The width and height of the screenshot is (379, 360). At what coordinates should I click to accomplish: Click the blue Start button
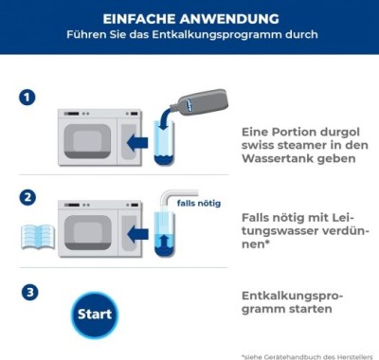coord(94,314)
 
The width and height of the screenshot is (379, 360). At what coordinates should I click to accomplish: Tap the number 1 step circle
coord(28,98)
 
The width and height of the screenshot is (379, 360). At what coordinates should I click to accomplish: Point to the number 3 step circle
coord(28,293)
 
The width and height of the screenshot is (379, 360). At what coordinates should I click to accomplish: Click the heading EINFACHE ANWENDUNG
coord(190,18)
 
